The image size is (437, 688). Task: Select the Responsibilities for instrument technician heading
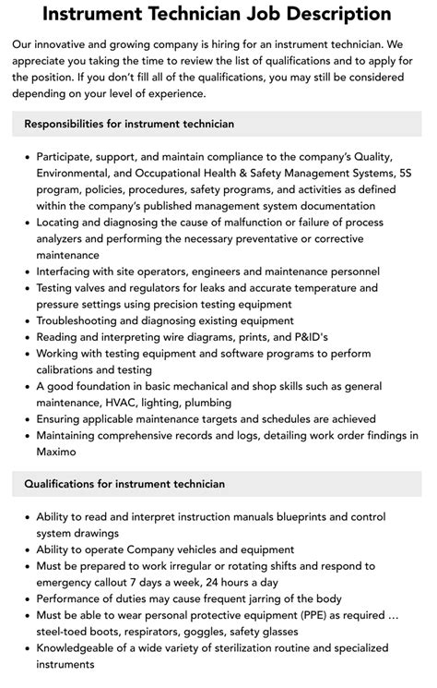pyautogui.click(x=129, y=123)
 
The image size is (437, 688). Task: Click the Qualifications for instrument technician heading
pyautogui.click(x=124, y=483)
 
